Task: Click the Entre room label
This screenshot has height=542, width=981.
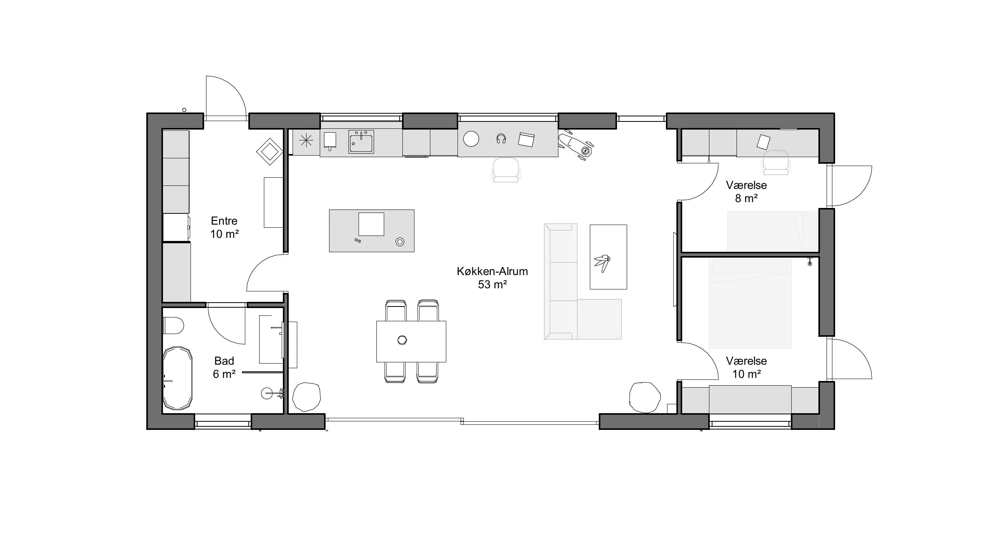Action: coord(224,221)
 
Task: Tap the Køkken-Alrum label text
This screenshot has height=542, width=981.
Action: coord(492,271)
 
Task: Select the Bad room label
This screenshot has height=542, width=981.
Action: coord(224,361)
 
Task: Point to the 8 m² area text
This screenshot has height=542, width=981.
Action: coord(746,198)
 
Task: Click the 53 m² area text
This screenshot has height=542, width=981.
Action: coord(492,284)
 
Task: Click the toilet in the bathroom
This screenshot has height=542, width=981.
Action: coord(173,326)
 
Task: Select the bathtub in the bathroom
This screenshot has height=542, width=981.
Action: coord(177,378)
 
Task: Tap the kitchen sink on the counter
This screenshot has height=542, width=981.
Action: coord(361,142)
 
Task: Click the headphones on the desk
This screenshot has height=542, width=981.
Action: coord(501,139)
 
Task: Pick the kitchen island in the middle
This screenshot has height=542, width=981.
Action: coord(371,231)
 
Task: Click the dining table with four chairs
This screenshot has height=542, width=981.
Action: coord(411,341)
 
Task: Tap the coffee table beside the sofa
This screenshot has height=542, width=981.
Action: coord(608,257)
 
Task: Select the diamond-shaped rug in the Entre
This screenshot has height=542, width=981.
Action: coord(270,152)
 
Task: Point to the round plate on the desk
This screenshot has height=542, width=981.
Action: coord(471,139)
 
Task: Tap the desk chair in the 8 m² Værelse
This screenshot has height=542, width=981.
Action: coord(776,163)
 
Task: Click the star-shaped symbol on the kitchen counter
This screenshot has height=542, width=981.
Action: coord(306,140)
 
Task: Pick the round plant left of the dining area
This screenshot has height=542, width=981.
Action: coord(306,397)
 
